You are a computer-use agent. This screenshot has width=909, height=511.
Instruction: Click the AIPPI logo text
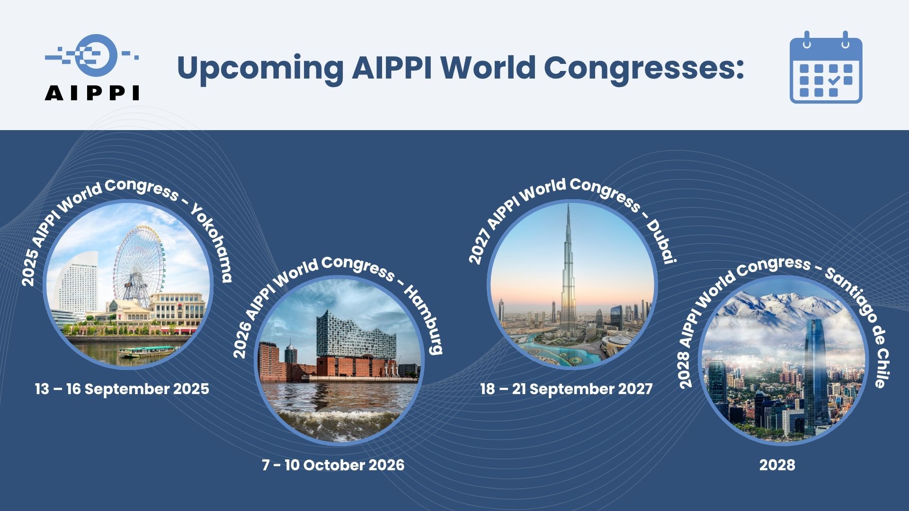[92, 93]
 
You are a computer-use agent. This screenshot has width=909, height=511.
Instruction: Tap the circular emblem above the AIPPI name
[97, 55]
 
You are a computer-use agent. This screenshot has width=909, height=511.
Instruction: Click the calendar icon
[826, 67]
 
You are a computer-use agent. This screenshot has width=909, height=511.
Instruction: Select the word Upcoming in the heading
[260, 69]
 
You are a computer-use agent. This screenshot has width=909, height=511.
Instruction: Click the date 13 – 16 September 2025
[122, 389]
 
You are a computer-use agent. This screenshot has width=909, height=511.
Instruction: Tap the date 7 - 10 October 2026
[333, 465]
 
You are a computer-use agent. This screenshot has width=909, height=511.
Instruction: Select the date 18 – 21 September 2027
[566, 389]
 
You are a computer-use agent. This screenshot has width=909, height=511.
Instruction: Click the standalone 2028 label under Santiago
[777, 465]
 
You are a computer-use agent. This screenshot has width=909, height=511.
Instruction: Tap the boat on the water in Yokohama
[148, 352]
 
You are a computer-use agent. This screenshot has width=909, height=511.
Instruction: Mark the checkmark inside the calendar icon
[834, 80]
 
